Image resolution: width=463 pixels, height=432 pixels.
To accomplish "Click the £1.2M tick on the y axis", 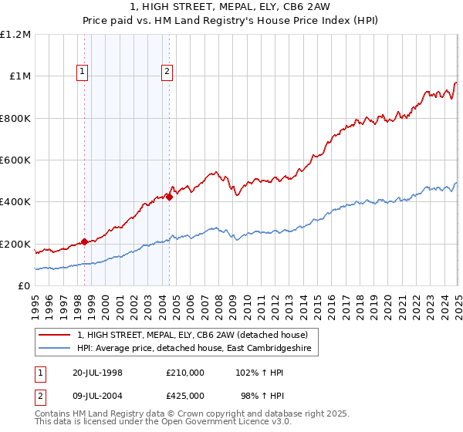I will (x=15, y=34).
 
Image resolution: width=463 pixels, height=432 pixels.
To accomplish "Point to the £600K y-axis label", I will (x=15, y=160).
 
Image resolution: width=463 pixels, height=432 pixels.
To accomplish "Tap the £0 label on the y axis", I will (x=24, y=285).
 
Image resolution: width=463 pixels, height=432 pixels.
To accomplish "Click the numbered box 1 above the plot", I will (x=83, y=72).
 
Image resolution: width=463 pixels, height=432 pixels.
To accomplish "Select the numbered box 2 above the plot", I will (x=167, y=72).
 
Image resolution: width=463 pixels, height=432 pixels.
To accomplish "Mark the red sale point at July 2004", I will (x=169, y=197).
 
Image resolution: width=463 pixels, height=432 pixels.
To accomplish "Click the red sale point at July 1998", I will (x=85, y=241).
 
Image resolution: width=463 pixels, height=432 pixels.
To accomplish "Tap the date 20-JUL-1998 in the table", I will (x=99, y=372).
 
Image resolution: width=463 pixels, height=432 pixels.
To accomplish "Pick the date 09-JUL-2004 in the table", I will (x=99, y=397).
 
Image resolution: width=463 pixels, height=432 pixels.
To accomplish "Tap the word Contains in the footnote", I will (x=53, y=414).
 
